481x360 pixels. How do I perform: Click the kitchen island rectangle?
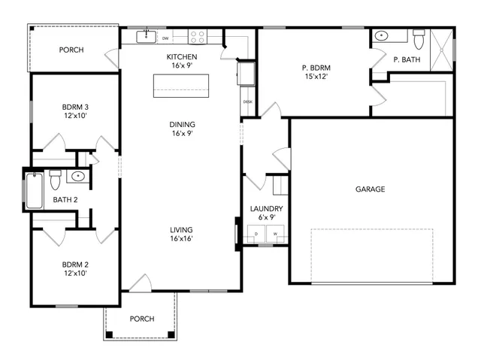click(181, 86)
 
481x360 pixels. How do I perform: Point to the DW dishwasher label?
click(164, 38)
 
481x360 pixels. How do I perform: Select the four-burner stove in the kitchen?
click(197, 35)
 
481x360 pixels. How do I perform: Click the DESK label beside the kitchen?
click(247, 101)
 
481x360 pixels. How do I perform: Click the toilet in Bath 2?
click(54, 181)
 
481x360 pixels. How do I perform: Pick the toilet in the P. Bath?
click(419, 38)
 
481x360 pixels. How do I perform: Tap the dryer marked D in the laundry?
click(257, 234)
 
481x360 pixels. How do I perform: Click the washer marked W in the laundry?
click(274, 234)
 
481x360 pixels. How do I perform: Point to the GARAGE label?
click(370, 189)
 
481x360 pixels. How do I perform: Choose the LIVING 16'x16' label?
click(181, 234)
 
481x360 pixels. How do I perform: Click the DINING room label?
click(181, 128)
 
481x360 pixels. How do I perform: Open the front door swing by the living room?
click(140, 283)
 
